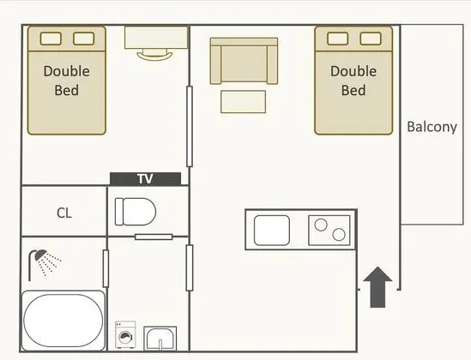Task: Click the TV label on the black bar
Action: point(145,179)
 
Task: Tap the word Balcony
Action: point(432,127)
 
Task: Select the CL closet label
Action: point(64,213)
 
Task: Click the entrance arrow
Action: point(377,287)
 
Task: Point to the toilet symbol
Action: point(136,212)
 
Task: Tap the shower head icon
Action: point(45,263)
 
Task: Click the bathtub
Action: point(63,321)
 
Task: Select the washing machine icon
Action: point(125,335)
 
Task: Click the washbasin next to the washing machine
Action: point(160,338)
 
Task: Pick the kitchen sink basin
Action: point(272,230)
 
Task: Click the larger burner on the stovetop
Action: point(321,225)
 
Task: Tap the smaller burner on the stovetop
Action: point(339,234)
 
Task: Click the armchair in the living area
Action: point(244,61)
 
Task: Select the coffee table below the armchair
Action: point(244,102)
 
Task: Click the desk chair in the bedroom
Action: point(155,56)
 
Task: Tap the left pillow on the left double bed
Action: point(51,39)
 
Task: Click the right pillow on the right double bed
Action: point(371,39)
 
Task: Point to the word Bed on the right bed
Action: point(353,90)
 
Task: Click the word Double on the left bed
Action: point(67,71)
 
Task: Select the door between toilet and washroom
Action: point(154,237)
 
